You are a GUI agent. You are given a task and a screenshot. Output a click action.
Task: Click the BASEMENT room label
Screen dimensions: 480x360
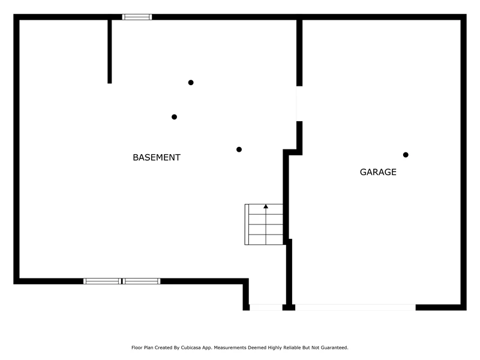point(157,157)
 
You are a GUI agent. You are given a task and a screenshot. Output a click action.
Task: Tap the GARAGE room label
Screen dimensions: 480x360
point(378,172)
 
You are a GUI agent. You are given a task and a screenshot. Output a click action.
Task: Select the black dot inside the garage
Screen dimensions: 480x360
point(406,155)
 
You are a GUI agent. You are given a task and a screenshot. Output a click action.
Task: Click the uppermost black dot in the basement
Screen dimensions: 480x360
point(191,82)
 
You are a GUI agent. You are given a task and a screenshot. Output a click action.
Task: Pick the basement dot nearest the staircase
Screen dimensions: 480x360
point(239,149)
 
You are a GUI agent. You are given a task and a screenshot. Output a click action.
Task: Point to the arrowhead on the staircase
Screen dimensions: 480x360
point(266,206)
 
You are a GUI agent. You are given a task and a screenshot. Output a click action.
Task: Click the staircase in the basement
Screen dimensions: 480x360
point(264,224)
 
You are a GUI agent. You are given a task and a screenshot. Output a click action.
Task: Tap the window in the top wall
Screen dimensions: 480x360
point(137,17)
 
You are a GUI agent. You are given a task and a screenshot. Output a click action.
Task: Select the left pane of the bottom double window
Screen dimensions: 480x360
point(102,281)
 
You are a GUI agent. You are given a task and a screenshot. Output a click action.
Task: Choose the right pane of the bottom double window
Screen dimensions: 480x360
point(141,281)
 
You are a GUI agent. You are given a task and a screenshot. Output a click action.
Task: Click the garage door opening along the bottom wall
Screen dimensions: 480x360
point(355,307)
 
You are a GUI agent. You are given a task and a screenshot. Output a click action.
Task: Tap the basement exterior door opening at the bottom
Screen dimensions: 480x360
point(266,307)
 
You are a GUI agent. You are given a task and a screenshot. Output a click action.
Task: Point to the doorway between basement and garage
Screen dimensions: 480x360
point(299,104)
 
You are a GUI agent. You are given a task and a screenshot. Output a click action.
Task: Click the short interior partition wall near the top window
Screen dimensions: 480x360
point(110,52)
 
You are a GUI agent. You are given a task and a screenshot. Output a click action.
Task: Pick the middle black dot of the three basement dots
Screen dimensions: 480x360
point(174,117)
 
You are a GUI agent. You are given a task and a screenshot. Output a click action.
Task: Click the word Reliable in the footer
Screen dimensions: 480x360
point(292,347)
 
